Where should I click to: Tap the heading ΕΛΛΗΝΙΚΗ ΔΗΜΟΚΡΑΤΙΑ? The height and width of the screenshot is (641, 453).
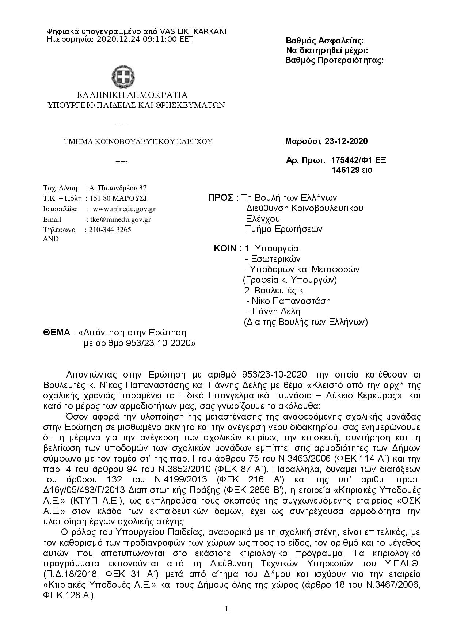coord(132,95)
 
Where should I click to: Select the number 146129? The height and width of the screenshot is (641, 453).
coord(346,170)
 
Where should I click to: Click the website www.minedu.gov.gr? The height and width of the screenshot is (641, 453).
coord(124,209)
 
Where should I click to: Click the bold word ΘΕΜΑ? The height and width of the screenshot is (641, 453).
coord(57,333)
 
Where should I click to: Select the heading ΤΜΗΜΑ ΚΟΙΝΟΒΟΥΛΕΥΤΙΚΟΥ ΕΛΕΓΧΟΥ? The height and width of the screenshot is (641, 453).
coord(138,142)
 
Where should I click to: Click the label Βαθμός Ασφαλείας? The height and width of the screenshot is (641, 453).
coord(324,41)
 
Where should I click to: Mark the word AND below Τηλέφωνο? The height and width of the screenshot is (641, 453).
coord(51,239)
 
